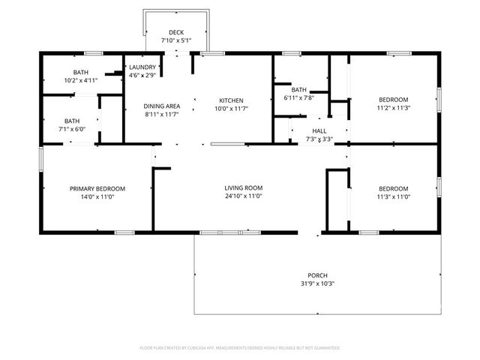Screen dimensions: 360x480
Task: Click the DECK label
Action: (x=176, y=32)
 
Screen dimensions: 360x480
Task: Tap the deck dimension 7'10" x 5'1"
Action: (x=176, y=40)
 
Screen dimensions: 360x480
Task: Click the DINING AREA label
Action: (x=161, y=106)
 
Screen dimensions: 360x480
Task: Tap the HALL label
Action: (x=319, y=130)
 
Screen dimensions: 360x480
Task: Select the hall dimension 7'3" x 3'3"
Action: (x=319, y=139)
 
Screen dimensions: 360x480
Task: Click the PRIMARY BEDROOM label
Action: (x=97, y=188)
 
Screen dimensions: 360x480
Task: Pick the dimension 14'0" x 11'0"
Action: (x=97, y=196)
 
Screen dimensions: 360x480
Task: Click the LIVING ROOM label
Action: (x=243, y=187)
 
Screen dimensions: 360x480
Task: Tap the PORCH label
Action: (x=317, y=275)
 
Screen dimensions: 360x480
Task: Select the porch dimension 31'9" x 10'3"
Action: (x=317, y=283)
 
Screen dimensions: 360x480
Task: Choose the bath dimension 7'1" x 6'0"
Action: (x=72, y=129)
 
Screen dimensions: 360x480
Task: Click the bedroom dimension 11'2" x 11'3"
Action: (x=393, y=108)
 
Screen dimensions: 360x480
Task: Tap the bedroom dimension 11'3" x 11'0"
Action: (x=393, y=196)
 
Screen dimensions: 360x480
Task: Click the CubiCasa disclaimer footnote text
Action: (x=240, y=348)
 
